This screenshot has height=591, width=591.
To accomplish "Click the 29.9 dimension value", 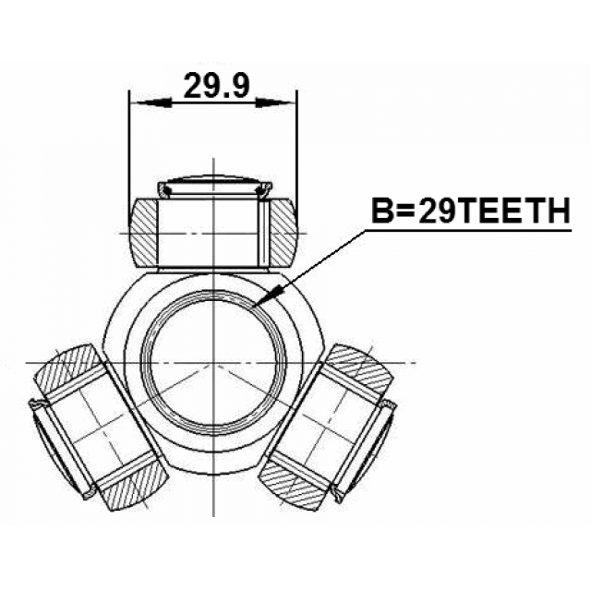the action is coord(216,85).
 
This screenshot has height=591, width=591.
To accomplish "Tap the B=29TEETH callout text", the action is coord(471,211).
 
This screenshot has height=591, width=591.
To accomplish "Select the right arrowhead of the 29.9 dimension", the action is coord(273,102).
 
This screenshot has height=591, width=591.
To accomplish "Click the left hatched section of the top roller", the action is coord(144,234).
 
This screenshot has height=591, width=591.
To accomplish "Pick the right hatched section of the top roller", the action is coord(284,234).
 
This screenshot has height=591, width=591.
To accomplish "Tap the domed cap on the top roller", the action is coord(214,186).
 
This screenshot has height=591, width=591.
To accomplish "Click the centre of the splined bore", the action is coord(213,363).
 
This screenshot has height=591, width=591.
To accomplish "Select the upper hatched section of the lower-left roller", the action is coord(67,370).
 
